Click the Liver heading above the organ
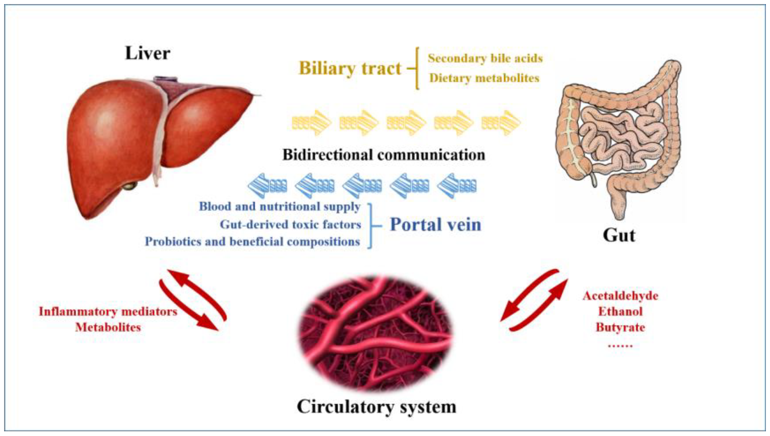click(x=147, y=54)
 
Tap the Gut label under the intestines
click(x=618, y=235)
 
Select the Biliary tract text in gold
click(x=350, y=68)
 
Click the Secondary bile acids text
click(x=485, y=58)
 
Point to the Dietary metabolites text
click(x=484, y=78)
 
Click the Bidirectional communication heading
click(x=383, y=155)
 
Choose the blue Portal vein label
click(x=435, y=224)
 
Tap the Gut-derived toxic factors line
click(x=290, y=224)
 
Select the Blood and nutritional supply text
click(x=279, y=207)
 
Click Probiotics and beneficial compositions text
click(x=252, y=242)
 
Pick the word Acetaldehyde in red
click(x=620, y=296)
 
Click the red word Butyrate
click(x=620, y=327)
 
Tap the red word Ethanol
click(x=620, y=311)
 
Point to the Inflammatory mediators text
click(x=108, y=312)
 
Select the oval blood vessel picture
click(x=376, y=332)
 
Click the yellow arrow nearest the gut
click(x=501, y=123)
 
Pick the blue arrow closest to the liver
click(x=267, y=186)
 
